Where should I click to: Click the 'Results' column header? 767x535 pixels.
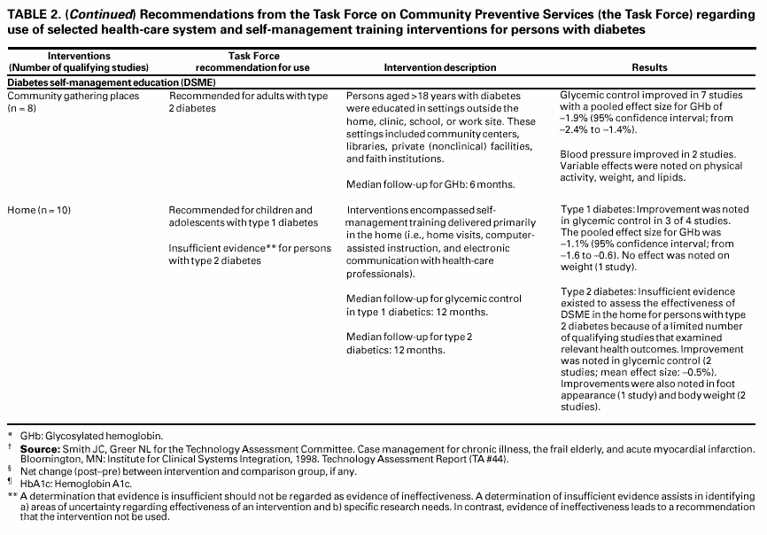(649, 68)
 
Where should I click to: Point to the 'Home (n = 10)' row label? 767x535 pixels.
(39, 211)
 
